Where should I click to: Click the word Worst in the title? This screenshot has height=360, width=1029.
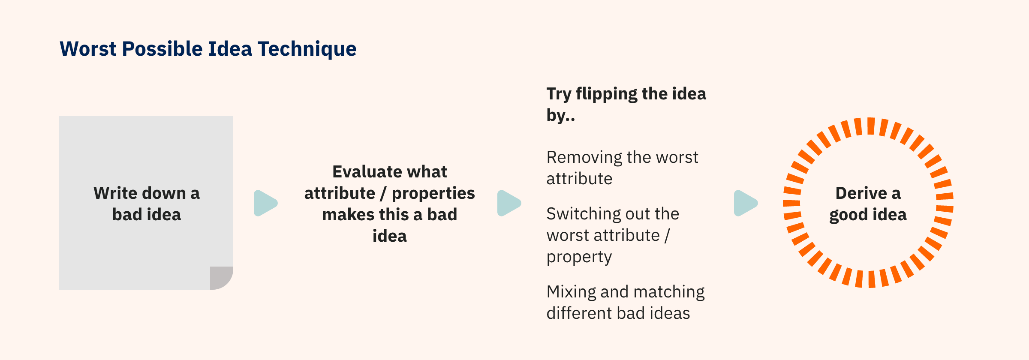[88, 49]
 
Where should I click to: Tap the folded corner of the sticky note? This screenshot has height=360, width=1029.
[221, 278]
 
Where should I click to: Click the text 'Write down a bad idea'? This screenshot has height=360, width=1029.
[147, 204]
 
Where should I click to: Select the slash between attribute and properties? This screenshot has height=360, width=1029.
[383, 193]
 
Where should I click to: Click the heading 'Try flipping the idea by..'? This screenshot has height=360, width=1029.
[626, 104]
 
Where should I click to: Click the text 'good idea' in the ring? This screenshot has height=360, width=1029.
[868, 215]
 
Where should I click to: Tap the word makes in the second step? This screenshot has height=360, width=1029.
[344, 215]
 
